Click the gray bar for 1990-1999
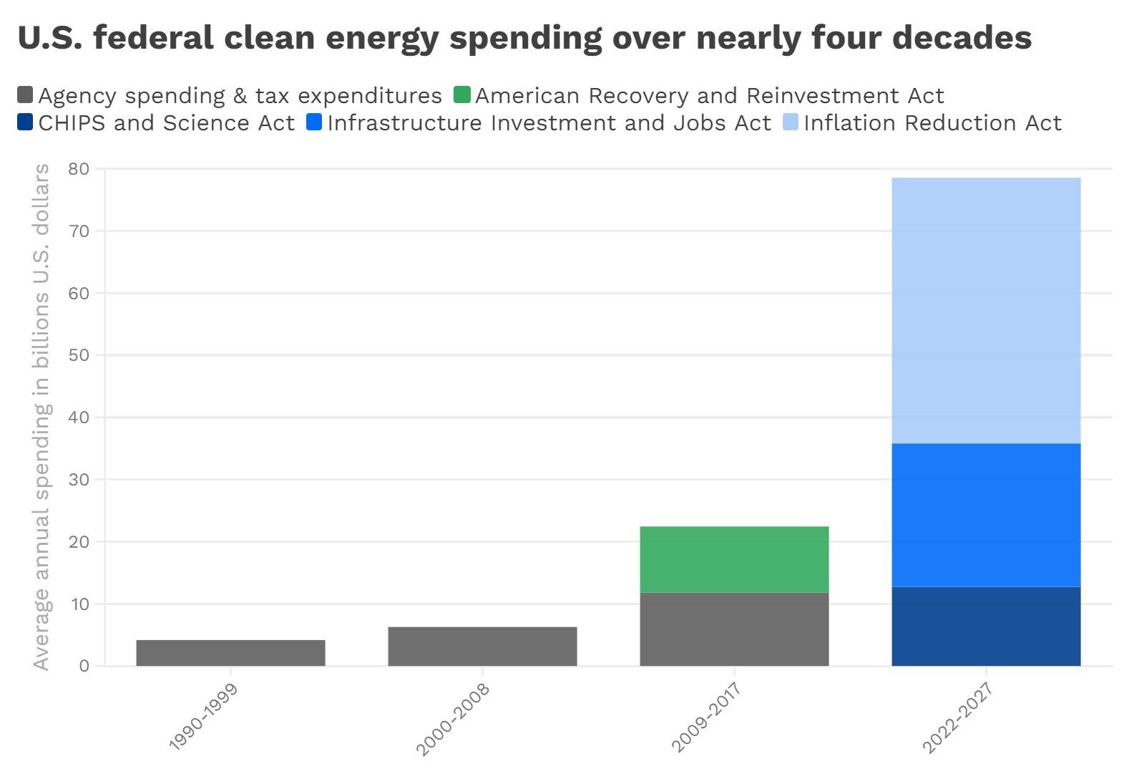(230, 652)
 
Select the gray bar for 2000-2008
(482, 646)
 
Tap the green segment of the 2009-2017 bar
(734, 559)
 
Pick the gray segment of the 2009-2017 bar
(734, 629)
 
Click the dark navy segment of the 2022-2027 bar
(986, 626)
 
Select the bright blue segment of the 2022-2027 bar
(986, 515)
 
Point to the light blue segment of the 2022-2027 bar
(986, 310)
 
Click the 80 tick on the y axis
(79, 169)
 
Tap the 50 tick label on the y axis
(79, 355)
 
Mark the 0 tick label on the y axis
(84, 666)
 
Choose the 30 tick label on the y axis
(79, 480)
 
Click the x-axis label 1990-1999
(204, 716)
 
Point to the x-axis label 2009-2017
(706, 717)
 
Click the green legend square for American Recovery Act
(462, 95)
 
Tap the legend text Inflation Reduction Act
(932, 122)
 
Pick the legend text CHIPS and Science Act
(166, 122)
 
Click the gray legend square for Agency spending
(25, 95)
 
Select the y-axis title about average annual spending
(41, 417)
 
